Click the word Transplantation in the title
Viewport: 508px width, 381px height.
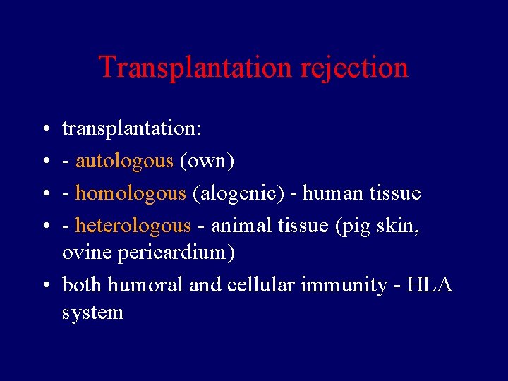click(x=195, y=68)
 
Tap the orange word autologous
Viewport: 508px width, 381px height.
click(x=124, y=161)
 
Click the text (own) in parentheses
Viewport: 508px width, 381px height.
click(x=207, y=161)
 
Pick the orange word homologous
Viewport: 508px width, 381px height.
click(x=131, y=193)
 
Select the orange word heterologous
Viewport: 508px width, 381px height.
click(x=133, y=225)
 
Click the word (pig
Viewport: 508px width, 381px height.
click(x=353, y=225)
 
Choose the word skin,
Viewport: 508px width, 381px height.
click(x=401, y=225)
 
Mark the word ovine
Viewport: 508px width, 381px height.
click(x=81, y=252)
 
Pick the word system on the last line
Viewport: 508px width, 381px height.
click(x=92, y=312)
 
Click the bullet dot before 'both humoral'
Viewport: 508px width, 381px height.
click(x=44, y=285)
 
